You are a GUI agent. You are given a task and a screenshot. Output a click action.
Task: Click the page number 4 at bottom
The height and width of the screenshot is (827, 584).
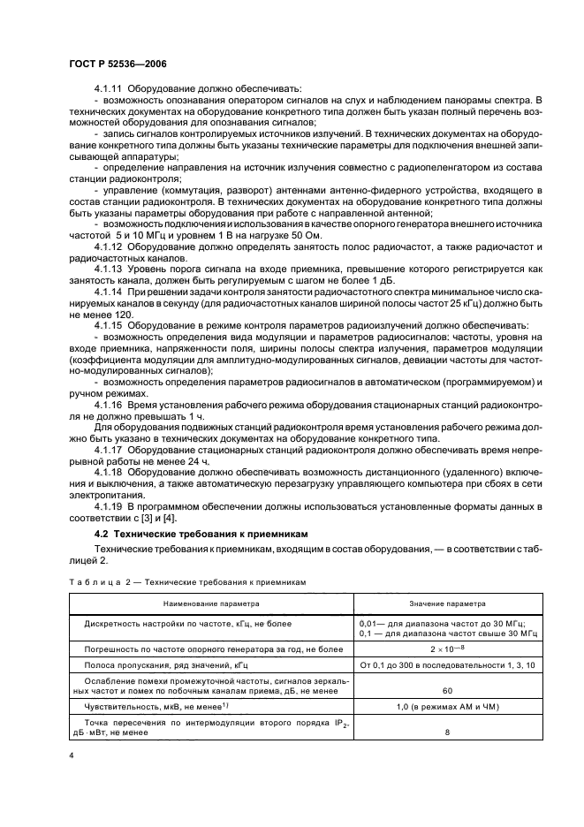pyautogui.click(x=71, y=758)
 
